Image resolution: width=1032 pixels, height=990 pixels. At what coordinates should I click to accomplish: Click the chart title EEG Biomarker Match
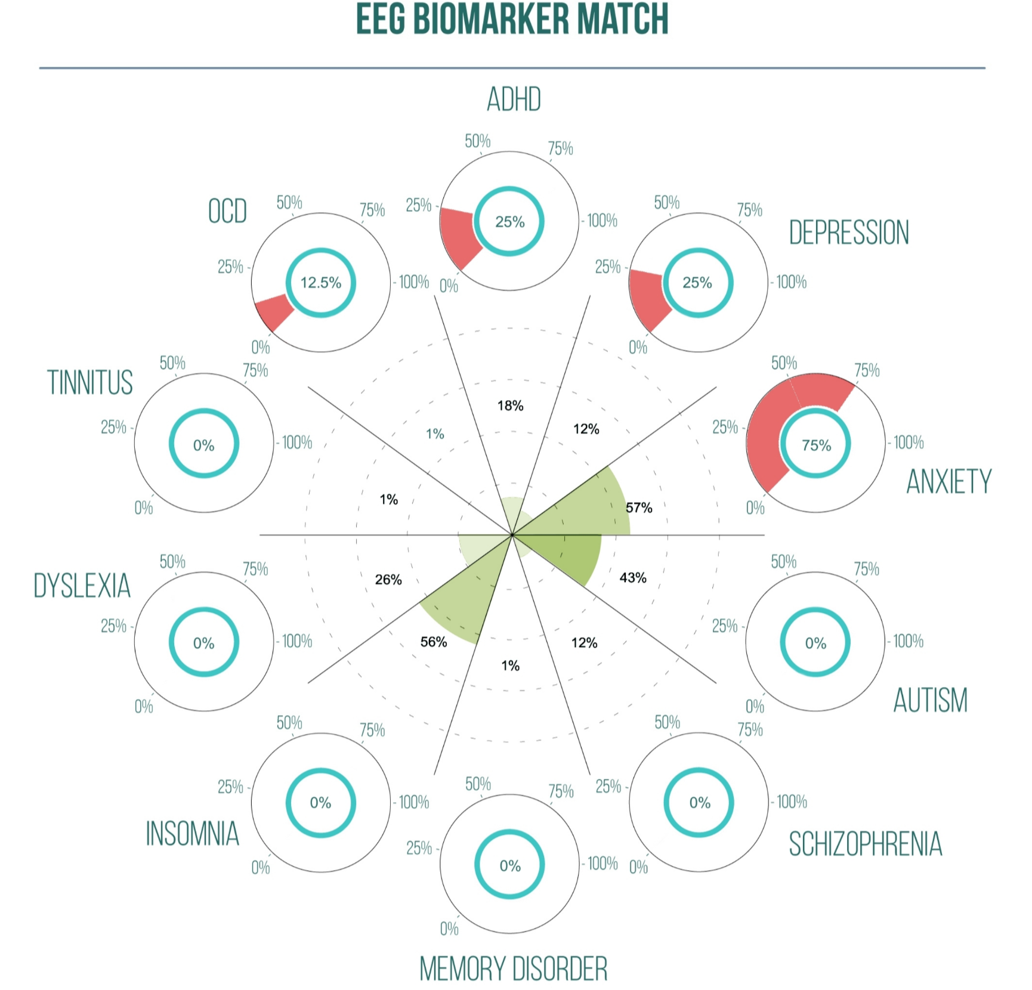coord(512,19)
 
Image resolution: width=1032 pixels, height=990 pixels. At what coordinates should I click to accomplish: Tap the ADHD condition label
coord(514,100)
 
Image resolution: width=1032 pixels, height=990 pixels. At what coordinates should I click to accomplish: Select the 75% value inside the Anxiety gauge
coord(816,445)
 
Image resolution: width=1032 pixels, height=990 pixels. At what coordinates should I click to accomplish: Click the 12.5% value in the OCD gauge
coord(320,282)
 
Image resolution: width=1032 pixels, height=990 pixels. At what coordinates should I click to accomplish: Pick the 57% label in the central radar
coord(639,508)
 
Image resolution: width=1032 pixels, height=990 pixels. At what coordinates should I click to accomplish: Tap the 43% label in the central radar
coord(633,577)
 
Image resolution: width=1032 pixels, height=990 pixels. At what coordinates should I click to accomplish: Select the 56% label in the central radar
coord(434,642)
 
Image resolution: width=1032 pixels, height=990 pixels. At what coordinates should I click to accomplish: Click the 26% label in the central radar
coord(388,579)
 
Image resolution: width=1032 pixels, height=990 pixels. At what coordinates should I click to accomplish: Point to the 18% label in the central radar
coord(511,406)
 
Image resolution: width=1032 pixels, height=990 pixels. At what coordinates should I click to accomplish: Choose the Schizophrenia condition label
coord(865,844)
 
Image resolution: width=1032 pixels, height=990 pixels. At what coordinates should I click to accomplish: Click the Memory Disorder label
coord(513,969)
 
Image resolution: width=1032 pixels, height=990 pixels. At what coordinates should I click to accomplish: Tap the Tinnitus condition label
coord(90,382)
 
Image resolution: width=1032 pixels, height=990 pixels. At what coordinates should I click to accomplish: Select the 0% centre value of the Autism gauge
coord(815,643)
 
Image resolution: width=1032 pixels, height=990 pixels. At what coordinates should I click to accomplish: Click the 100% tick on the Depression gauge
coord(791,281)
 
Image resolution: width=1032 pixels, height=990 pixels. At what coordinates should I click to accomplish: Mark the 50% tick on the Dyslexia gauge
coord(172,562)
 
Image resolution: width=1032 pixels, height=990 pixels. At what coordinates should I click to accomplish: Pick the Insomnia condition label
coord(192,833)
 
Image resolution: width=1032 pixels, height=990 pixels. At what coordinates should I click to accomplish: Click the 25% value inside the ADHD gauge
coord(510,222)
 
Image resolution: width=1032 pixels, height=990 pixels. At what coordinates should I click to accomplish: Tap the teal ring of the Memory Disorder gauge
coord(478,865)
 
